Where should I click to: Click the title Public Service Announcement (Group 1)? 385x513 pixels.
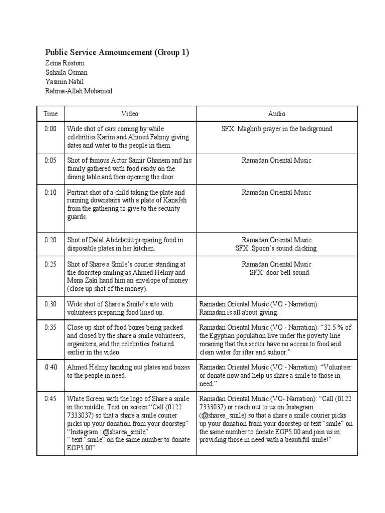click(x=117, y=53)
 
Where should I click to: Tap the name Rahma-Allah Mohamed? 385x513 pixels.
click(x=79, y=91)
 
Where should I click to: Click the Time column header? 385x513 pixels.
click(x=50, y=114)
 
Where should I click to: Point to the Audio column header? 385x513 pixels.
click(x=276, y=114)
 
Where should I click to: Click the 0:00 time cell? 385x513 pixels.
click(x=50, y=129)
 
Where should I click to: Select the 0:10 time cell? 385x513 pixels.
click(x=50, y=192)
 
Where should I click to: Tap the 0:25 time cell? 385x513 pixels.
click(x=50, y=264)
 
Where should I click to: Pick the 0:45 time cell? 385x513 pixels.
click(x=50, y=399)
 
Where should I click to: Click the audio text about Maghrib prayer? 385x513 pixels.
click(x=276, y=129)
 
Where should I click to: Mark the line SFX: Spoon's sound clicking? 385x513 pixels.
click(x=276, y=248)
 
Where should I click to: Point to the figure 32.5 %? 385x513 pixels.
click(x=339, y=327)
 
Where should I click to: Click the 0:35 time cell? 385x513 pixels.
click(x=50, y=327)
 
